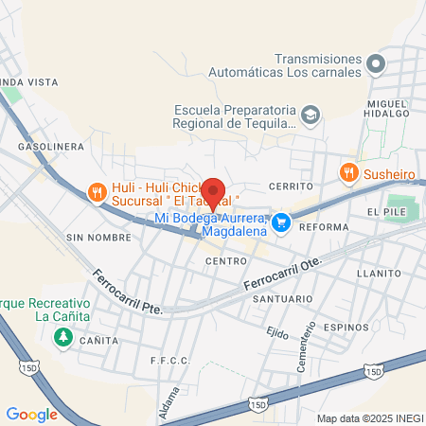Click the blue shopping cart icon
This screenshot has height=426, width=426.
(x=280, y=223)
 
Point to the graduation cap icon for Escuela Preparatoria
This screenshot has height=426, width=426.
(x=310, y=115)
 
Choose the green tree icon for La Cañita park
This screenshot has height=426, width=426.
(x=64, y=337)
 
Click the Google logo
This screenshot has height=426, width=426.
(x=31, y=414)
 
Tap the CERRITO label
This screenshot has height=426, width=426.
(x=290, y=186)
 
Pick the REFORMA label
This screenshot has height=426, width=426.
(x=324, y=227)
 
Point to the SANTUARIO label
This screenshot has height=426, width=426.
(x=282, y=299)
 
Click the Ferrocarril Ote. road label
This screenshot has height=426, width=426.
(x=283, y=274)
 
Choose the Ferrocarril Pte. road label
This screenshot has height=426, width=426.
(x=128, y=293)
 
